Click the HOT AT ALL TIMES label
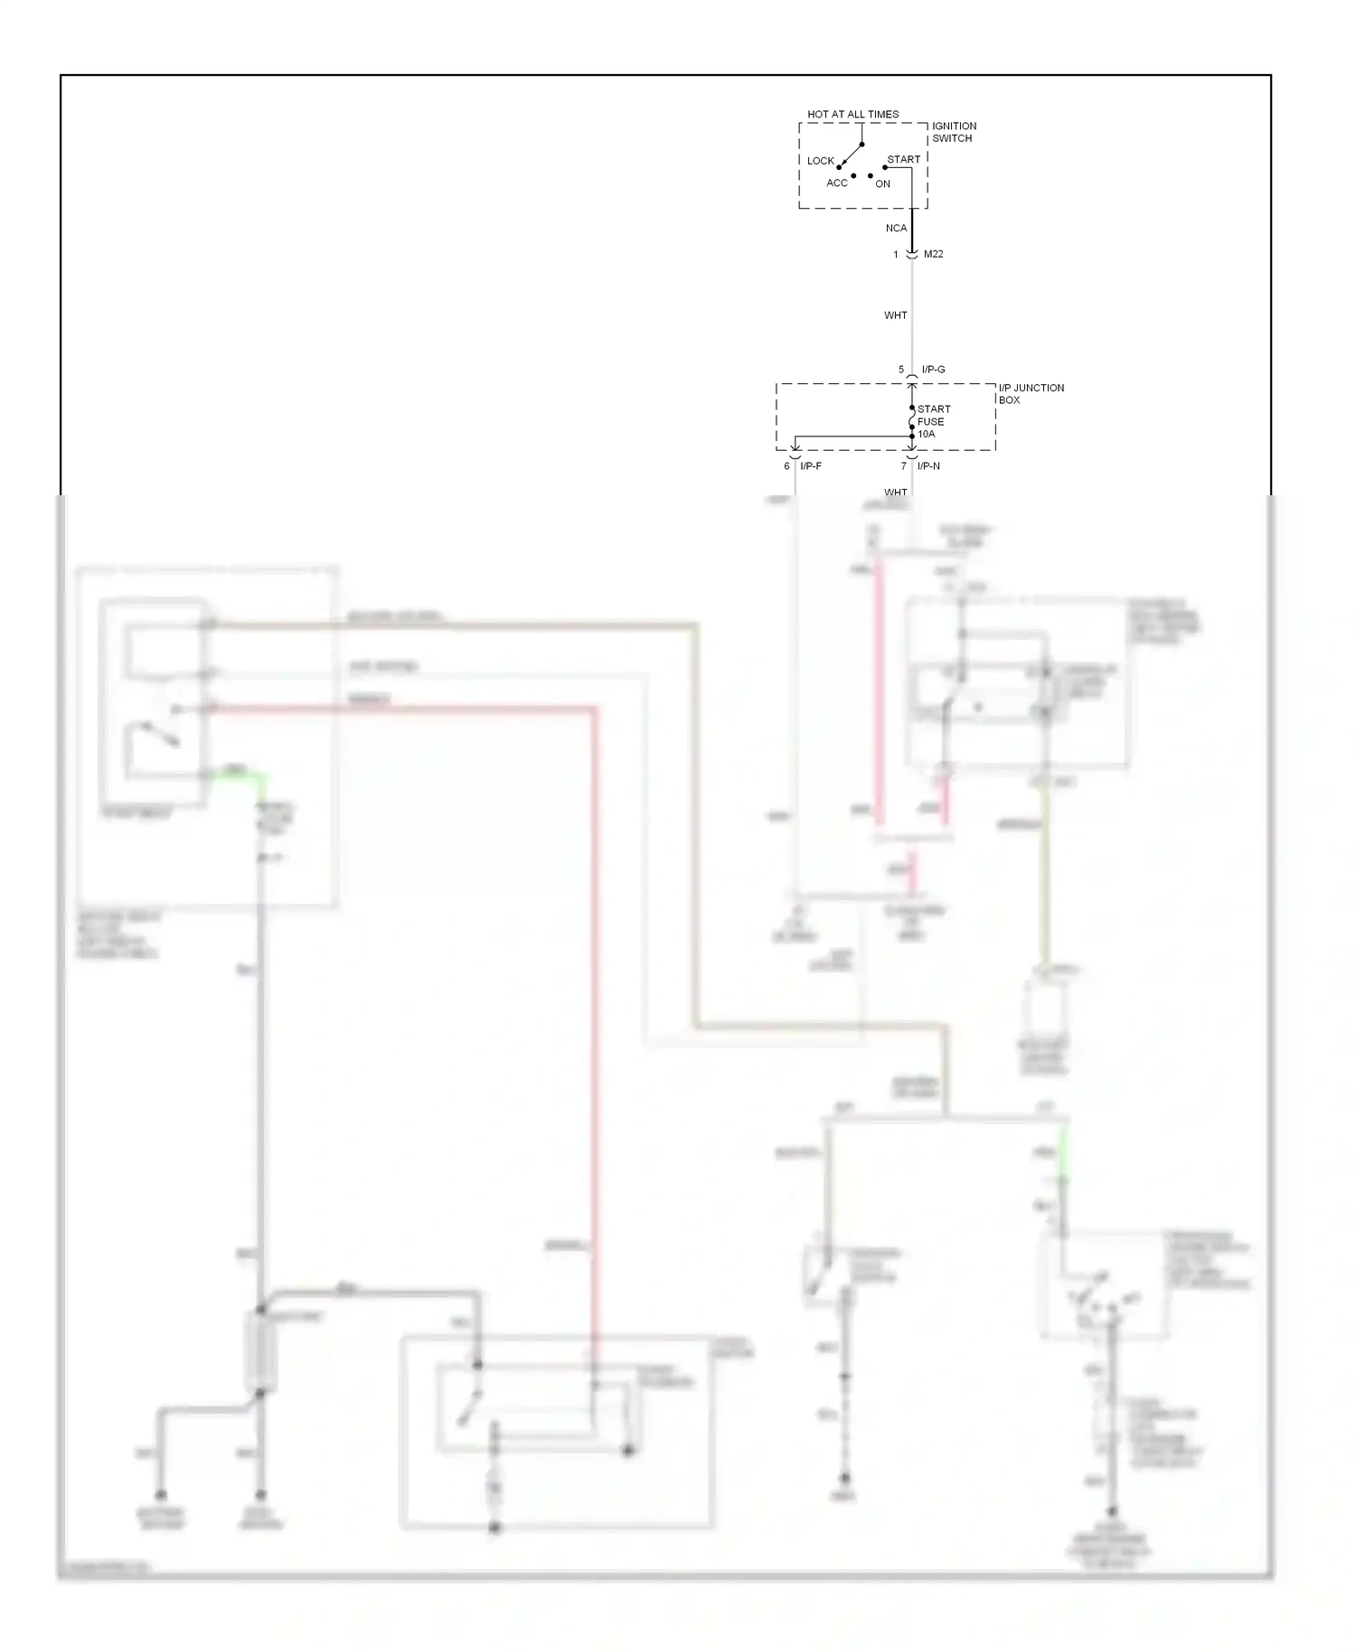[852, 115]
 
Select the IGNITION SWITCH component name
[954, 132]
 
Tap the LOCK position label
[820, 161]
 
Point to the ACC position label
[836, 183]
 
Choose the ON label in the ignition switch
[882, 184]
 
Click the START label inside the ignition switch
[903, 160]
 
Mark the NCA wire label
[895, 229]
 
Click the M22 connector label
[933, 255]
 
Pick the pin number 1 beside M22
[896, 255]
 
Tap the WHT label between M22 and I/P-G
[895, 315]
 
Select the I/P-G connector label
[933, 370]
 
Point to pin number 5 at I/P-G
[900, 370]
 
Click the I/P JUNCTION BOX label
[1031, 394]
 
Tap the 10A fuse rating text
[926, 435]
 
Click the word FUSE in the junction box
[930, 422]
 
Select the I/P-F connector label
[810, 466]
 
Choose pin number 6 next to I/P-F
[786, 466]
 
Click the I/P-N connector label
[928, 466]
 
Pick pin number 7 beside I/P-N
[902, 466]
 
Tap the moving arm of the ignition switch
[851, 155]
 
